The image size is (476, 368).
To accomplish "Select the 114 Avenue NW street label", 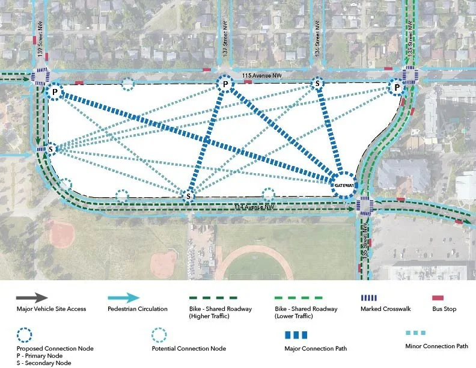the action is (x=254, y=207).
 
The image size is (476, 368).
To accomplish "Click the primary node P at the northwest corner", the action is (x=55, y=92).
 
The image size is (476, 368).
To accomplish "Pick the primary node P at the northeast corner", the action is (x=397, y=88).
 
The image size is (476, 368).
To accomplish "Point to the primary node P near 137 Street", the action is (x=225, y=84).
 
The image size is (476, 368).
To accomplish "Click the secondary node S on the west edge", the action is (x=51, y=149).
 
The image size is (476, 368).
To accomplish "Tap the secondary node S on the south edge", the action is (x=189, y=196).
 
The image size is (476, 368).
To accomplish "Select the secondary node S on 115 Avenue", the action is (x=317, y=84).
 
